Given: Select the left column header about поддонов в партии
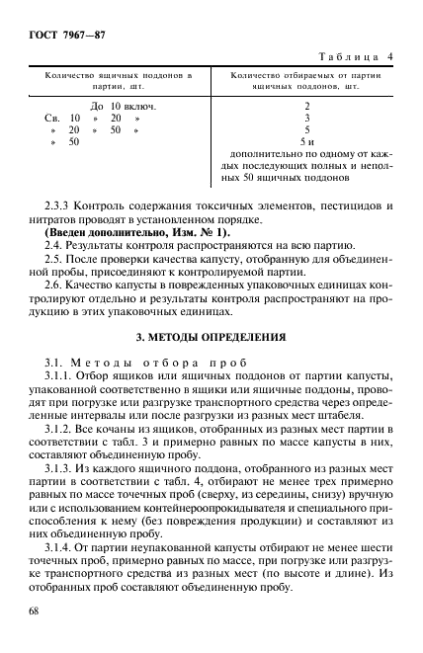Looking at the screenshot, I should (119, 80).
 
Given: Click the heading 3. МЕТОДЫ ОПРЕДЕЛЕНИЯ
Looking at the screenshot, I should (211, 337).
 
